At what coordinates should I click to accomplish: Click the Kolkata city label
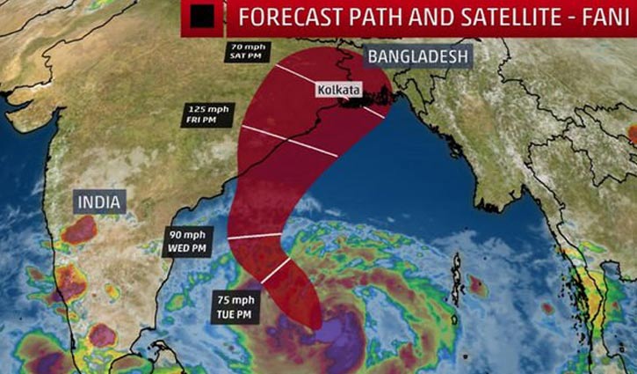point(336,90)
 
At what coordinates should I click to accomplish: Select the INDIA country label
point(98,202)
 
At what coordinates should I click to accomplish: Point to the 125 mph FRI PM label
point(207,114)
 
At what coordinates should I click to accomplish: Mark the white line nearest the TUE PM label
point(275,271)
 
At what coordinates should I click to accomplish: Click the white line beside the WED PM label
point(255,235)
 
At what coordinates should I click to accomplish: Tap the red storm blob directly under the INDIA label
point(80,231)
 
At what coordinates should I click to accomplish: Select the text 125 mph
point(207,109)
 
